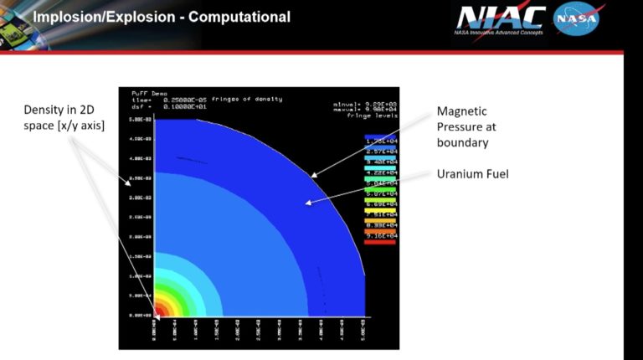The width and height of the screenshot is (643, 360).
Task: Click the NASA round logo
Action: pos(576,19)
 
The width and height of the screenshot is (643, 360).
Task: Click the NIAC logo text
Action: pos(501,18)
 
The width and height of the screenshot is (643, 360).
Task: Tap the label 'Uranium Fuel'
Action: pos(472,174)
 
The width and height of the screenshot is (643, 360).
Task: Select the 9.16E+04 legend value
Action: pos(380,236)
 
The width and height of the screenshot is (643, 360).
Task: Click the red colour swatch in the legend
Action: pos(380,242)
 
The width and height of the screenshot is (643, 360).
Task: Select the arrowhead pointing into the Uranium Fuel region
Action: pos(307,202)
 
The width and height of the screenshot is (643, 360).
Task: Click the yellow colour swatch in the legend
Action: pos(380,220)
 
